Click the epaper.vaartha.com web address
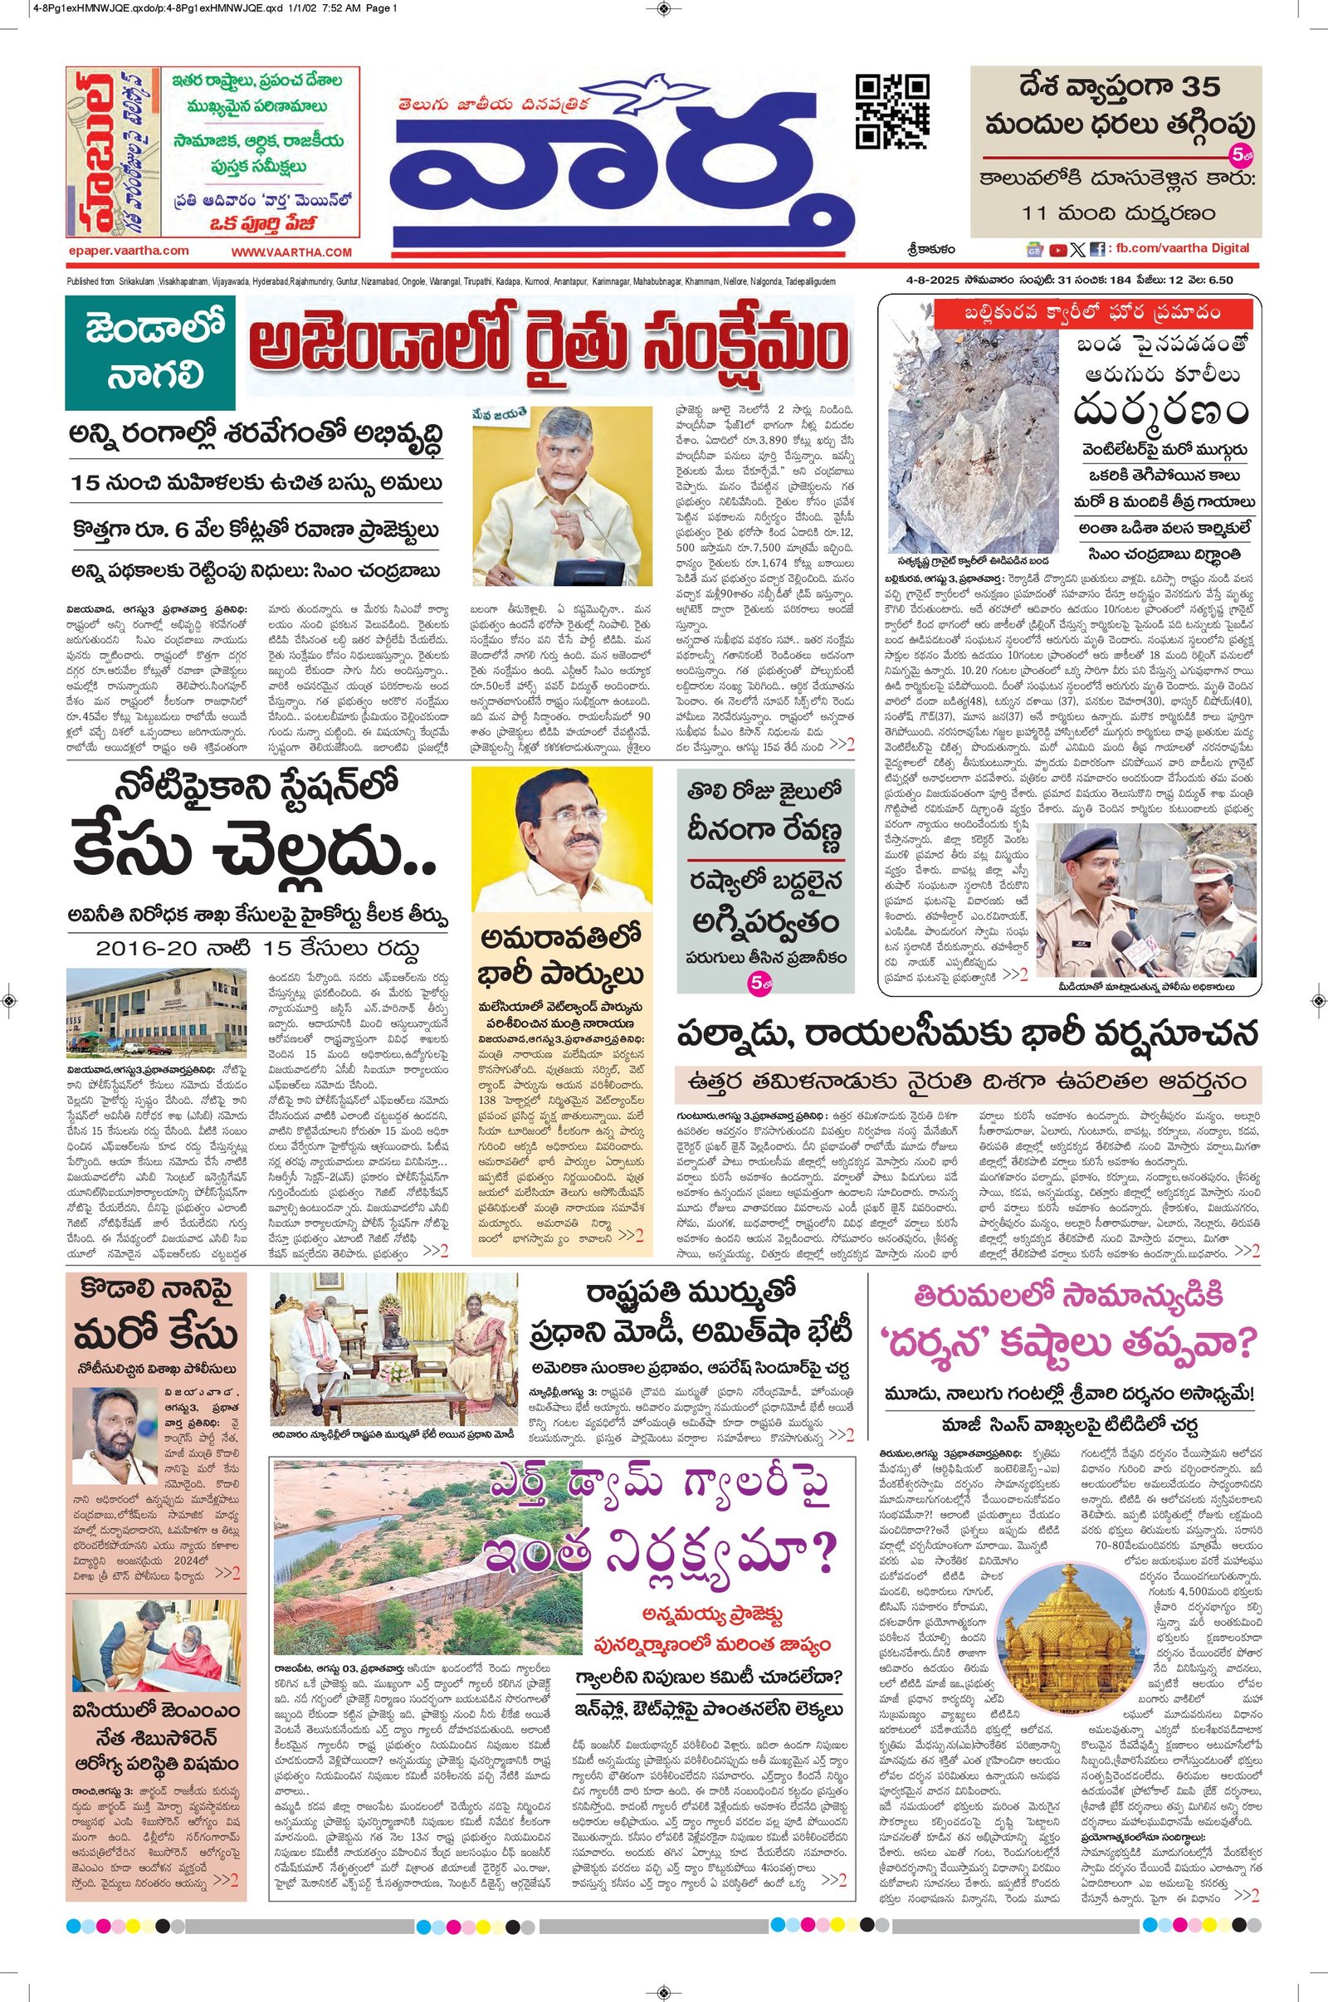129,251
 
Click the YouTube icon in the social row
1057,250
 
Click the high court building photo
156,1014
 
